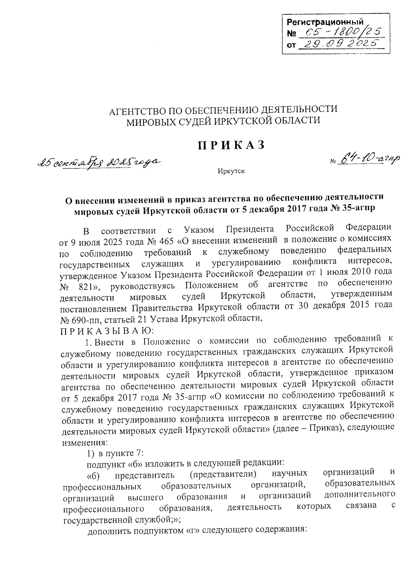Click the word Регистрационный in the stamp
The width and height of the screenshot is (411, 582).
pyautogui.click(x=325, y=23)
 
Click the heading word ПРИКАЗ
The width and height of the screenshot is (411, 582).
pyautogui.click(x=232, y=145)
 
